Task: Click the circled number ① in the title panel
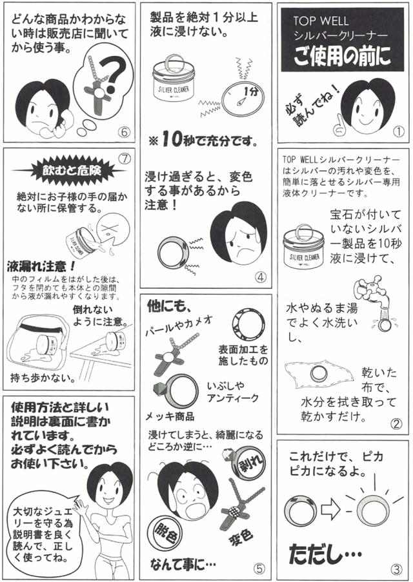[x=398, y=131]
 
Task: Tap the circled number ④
[x=261, y=276]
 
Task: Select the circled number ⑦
[x=125, y=159]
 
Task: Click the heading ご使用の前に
[x=343, y=57]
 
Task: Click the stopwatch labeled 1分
[x=243, y=99]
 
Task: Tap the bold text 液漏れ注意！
[x=41, y=266]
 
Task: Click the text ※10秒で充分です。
[x=203, y=141]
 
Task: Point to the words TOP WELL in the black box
[x=321, y=21]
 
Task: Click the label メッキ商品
[x=170, y=417]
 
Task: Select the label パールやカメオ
[x=179, y=324]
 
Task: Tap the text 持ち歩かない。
[x=43, y=378]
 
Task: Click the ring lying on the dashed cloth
[x=319, y=373]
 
